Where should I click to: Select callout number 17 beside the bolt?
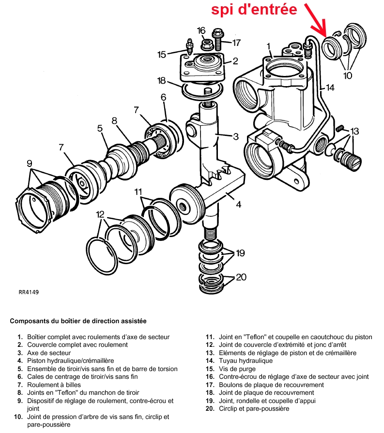(236, 43)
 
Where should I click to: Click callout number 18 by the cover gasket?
(162, 80)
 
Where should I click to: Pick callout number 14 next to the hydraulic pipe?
(330, 88)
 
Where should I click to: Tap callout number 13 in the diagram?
(354, 131)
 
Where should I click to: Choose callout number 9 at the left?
(30, 163)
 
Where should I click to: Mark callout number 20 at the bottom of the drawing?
(241, 277)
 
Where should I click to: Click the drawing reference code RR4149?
(29, 292)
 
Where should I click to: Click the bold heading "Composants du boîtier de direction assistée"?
(78, 321)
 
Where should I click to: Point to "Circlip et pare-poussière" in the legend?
(254, 408)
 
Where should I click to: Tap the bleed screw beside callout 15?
(188, 48)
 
